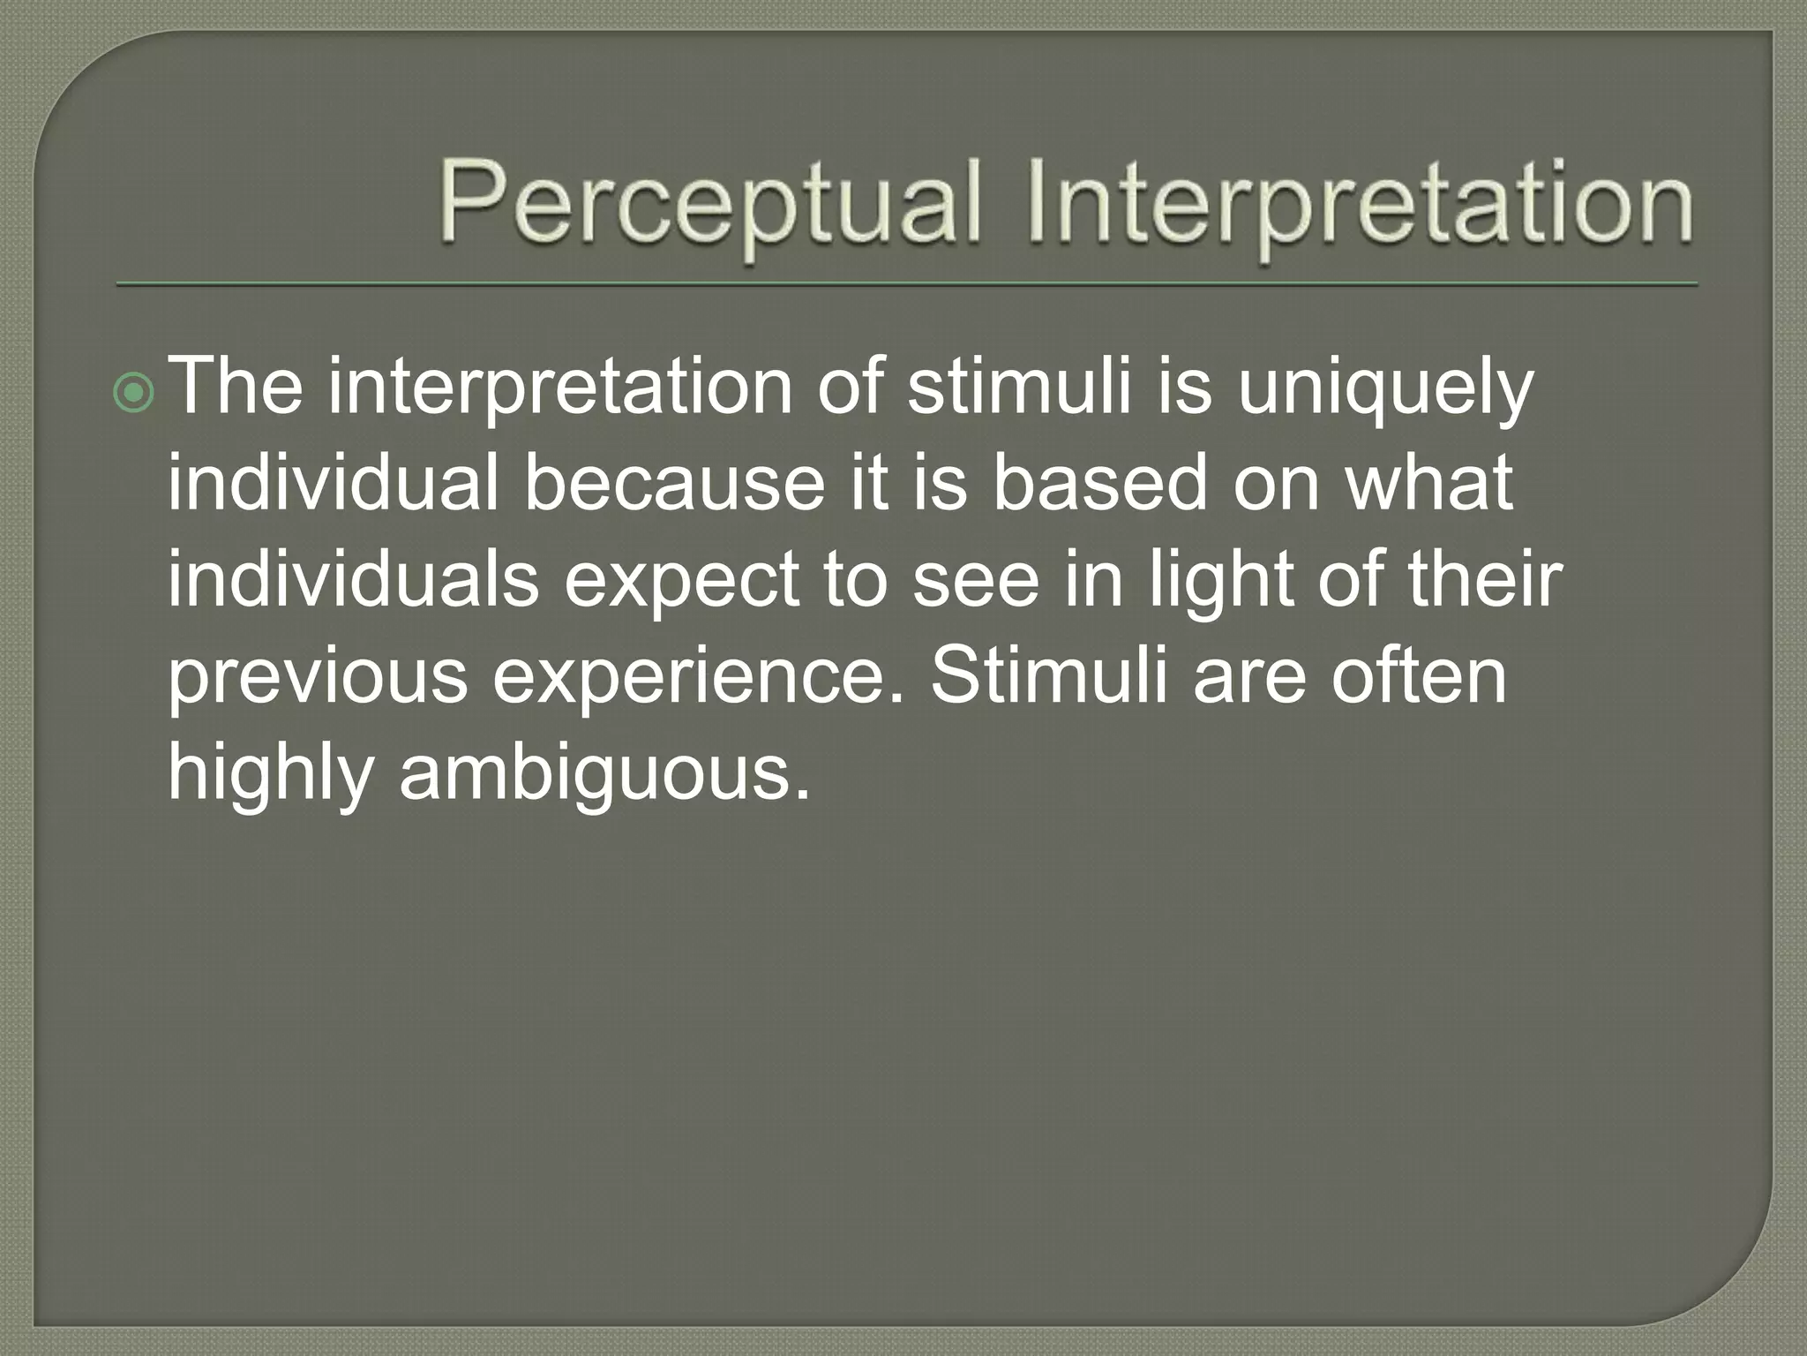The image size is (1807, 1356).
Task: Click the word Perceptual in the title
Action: pyautogui.click(x=710, y=205)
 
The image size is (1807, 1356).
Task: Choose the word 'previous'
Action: pyautogui.click(x=318, y=678)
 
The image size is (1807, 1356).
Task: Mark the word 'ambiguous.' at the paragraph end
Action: pyautogui.click(x=604, y=773)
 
